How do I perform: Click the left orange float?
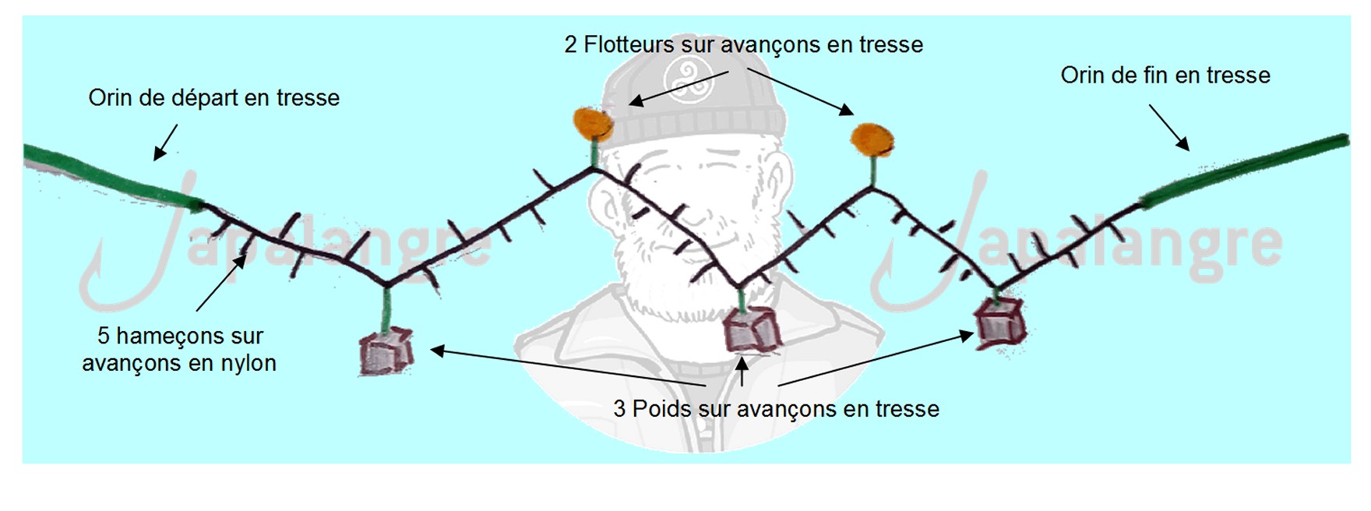click(x=591, y=124)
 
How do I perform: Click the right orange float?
click(x=872, y=139)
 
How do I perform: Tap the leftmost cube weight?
click(x=385, y=351)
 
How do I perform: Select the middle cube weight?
click(x=752, y=330)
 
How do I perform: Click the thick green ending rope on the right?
click(x=1244, y=171)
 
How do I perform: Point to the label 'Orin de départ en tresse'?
click(x=214, y=98)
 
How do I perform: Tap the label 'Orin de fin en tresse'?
click(x=1165, y=76)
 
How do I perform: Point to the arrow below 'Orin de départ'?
click(x=165, y=142)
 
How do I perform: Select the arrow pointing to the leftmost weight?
click(x=568, y=368)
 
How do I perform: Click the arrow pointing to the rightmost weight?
click(x=876, y=359)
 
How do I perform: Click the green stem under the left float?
click(x=594, y=153)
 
